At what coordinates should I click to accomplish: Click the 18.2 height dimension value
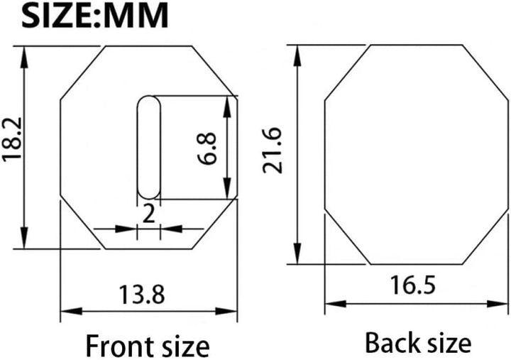pos(12,138)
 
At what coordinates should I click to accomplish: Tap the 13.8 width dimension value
pos(142,295)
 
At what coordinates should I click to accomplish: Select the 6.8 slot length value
pos(207,148)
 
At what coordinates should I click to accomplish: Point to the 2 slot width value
pos(148,214)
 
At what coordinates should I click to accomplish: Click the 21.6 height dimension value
pos(272,151)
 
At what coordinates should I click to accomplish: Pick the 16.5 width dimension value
pos(413,285)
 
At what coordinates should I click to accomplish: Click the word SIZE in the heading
pos(58,16)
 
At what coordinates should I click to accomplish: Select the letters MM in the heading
pos(136,16)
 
